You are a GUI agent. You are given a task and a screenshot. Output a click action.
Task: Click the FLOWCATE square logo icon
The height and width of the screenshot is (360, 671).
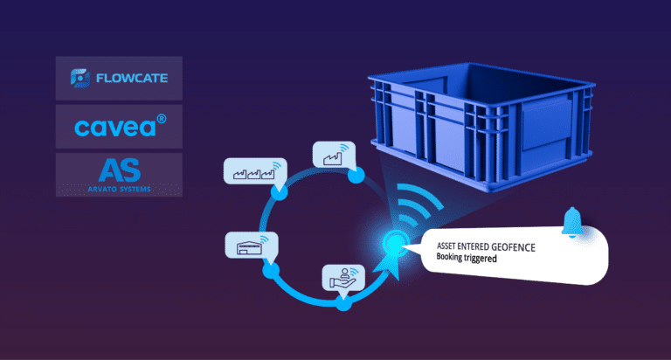80,79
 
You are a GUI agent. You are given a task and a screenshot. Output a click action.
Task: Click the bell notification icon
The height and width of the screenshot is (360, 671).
574,224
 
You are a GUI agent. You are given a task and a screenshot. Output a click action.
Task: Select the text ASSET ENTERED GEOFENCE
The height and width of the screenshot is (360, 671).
485,248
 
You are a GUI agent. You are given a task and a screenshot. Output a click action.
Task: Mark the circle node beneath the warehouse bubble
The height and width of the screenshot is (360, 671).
271,271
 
